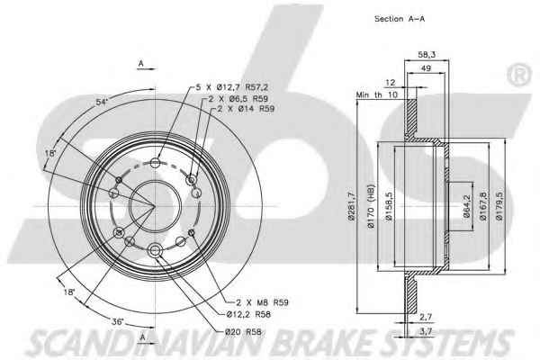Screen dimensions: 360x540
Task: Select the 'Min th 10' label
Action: (x=376, y=94)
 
